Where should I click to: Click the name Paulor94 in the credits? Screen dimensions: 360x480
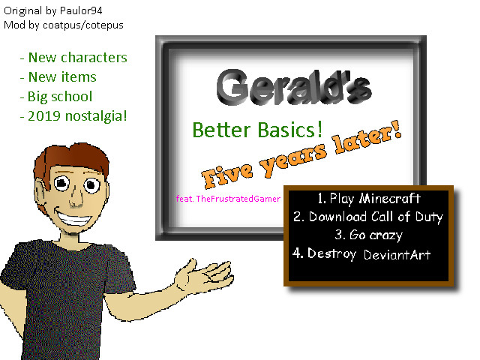click(x=91, y=11)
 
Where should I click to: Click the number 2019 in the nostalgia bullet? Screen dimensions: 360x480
click(x=45, y=116)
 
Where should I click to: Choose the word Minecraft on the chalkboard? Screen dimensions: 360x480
click(x=388, y=199)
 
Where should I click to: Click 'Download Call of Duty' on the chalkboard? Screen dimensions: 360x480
click(x=367, y=217)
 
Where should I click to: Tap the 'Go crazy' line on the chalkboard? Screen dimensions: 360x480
click(x=369, y=235)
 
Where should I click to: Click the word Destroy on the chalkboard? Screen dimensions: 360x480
click(x=331, y=253)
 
